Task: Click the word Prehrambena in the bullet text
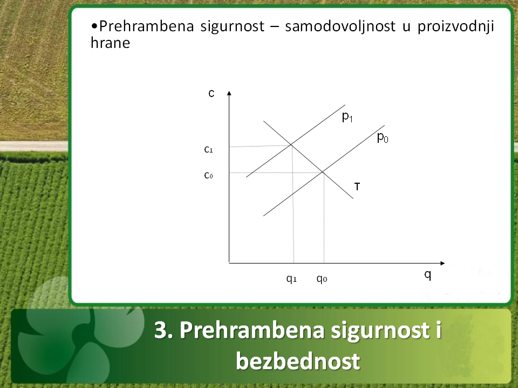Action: click(x=146, y=26)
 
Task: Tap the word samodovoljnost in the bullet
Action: click(x=340, y=26)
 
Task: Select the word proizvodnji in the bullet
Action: click(x=455, y=26)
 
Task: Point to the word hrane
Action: click(x=110, y=43)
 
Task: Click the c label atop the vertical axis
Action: click(x=212, y=93)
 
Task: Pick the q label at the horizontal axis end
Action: click(x=428, y=274)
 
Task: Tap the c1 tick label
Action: click(x=208, y=149)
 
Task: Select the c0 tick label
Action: click(x=208, y=175)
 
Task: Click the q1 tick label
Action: click(x=291, y=279)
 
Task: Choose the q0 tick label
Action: click(x=322, y=279)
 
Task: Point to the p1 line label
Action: click(x=347, y=117)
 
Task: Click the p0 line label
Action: click(x=383, y=137)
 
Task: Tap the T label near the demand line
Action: click(x=357, y=187)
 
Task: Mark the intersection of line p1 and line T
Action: click(x=291, y=144)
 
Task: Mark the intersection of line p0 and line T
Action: click(x=323, y=172)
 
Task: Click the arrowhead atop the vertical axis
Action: click(x=229, y=93)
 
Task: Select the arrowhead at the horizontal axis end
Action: click(x=442, y=263)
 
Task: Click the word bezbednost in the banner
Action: click(x=298, y=361)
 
